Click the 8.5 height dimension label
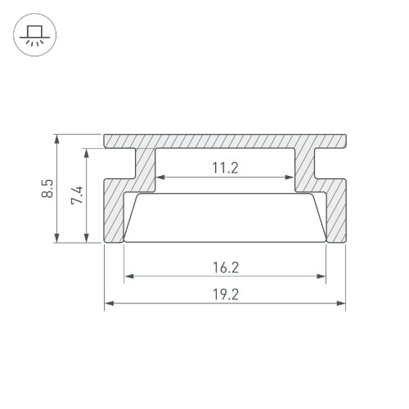(48, 189)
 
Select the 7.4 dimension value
(78, 196)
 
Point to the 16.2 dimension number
(224, 267)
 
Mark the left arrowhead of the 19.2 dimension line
(109, 305)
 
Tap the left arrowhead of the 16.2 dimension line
(128, 276)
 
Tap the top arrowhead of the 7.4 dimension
(85, 152)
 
